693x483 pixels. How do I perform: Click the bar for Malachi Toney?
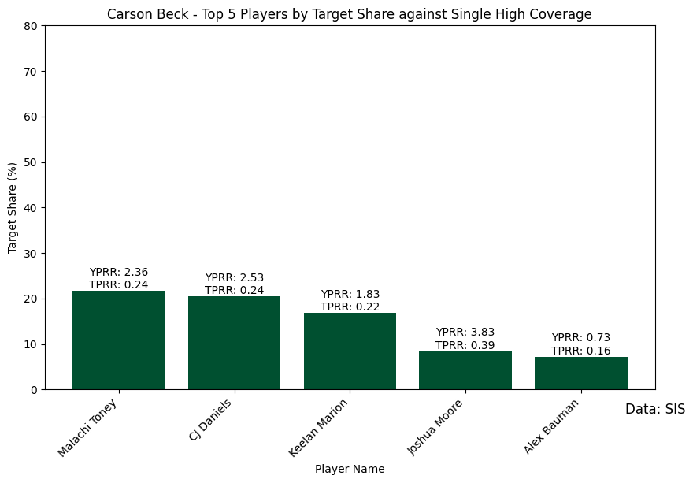(x=118, y=340)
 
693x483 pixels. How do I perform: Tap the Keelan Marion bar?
(x=350, y=351)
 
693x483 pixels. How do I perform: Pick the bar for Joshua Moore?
(x=465, y=370)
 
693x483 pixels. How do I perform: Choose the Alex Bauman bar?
(x=580, y=373)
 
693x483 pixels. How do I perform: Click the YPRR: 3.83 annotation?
(x=465, y=333)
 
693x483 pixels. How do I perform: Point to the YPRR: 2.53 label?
(x=234, y=278)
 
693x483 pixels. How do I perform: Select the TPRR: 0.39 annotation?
(x=465, y=345)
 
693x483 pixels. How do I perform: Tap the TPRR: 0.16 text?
(x=580, y=351)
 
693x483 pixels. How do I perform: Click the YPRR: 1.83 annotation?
(x=350, y=294)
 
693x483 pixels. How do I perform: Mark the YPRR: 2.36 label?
(x=118, y=273)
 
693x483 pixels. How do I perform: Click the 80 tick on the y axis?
(x=31, y=26)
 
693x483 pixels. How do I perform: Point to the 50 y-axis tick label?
(x=31, y=162)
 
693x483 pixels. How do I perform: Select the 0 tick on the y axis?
(x=34, y=390)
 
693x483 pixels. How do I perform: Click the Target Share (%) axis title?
(x=13, y=208)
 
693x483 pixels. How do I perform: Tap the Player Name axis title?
(x=350, y=469)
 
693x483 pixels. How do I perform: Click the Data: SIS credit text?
(x=654, y=410)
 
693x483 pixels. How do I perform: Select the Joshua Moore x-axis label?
(x=435, y=427)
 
